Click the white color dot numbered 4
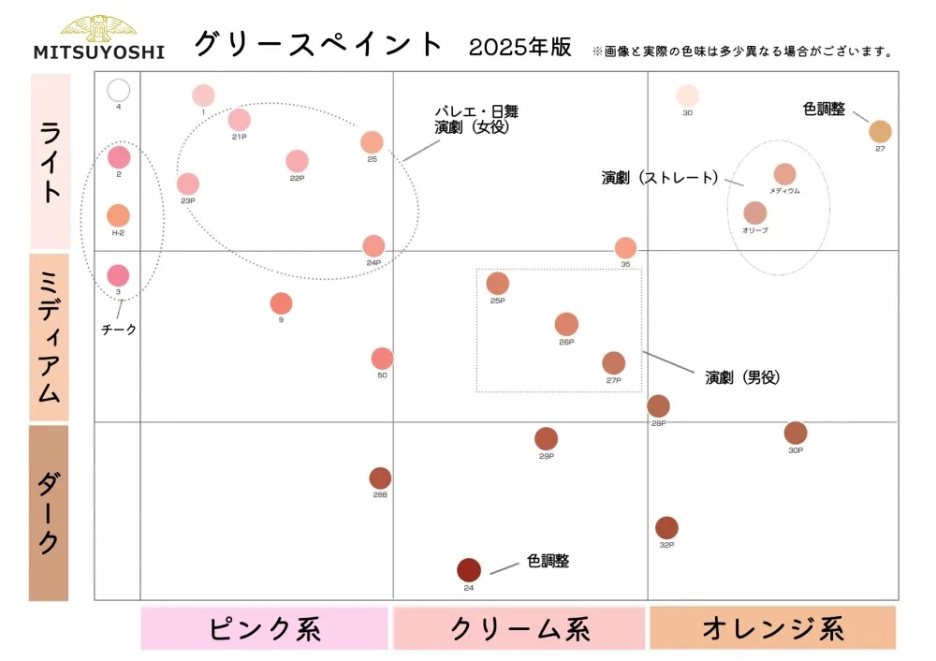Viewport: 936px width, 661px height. tap(118, 90)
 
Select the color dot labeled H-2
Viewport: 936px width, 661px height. tap(118, 216)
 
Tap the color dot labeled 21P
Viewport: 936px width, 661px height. tap(239, 120)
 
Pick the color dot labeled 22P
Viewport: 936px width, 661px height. tap(297, 161)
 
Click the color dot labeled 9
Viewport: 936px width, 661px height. tap(281, 303)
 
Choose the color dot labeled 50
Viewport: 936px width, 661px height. tap(382, 359)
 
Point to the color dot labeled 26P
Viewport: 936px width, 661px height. tap(566, 325)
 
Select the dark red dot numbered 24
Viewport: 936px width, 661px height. tap(469, 569)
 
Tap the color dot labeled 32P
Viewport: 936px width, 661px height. tap(666, 528)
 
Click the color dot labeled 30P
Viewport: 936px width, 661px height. tap(796, 433)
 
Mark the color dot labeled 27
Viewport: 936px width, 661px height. tap(880, 132)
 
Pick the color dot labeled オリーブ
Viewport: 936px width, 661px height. tap(755, 213)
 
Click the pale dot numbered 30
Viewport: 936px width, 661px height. tap(687, 95)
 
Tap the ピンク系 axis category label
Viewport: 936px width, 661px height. tap(265, 628)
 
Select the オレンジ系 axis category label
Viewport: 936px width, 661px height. tap(772, 628)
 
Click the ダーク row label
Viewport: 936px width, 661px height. tap(49, 512)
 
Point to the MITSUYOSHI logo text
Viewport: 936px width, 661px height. tap(98, 52)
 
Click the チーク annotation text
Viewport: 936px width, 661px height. tap(119, 329)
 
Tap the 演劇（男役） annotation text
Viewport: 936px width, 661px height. tap(742, 377)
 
